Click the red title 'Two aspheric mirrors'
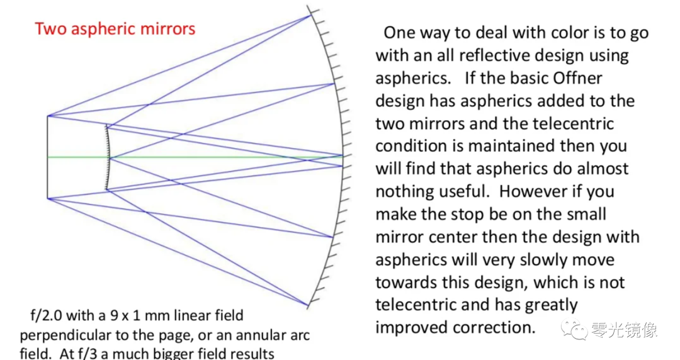point(115,29)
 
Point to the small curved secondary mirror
point(107,157)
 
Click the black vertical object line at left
point(48,157)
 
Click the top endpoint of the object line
point(48,116)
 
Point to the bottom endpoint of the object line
point(48,198)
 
